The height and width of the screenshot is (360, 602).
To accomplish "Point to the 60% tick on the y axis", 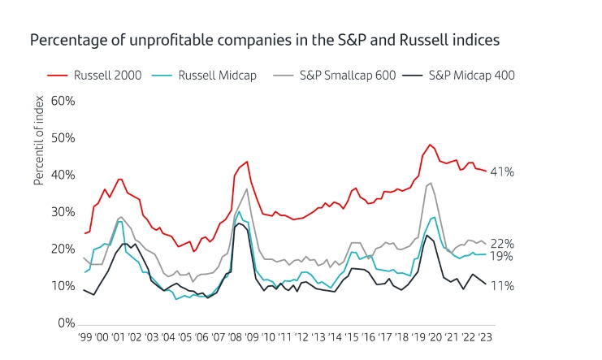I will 63,101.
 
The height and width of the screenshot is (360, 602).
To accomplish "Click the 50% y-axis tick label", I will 63,138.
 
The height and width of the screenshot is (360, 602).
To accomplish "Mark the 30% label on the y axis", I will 63,212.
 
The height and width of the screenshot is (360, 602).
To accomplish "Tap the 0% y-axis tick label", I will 66,323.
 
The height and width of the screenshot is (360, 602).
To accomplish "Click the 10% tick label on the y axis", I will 63,286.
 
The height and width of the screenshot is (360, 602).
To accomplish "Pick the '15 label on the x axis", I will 354,337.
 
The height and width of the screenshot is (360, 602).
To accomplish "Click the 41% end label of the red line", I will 502,172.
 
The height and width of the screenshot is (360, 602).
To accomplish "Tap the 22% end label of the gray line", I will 502,244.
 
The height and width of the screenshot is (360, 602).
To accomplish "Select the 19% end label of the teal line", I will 502,256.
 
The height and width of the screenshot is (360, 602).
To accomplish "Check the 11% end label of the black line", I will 502,285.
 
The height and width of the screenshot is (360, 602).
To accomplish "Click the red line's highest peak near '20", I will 430,145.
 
